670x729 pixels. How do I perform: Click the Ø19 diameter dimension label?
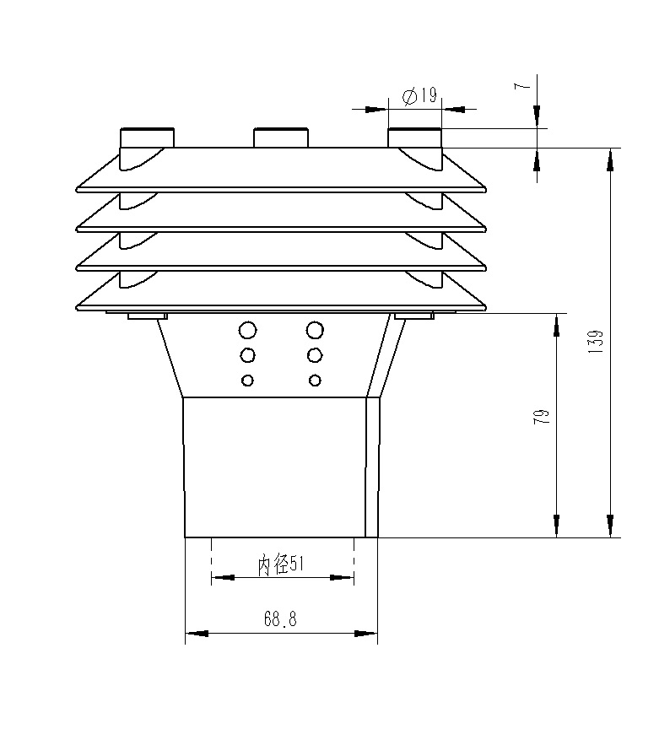[x=419, y=96]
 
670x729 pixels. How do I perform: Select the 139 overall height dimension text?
[x=595, y=342]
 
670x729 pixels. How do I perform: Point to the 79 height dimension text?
[x=542, y=416]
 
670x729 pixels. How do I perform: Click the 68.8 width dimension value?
[x=280, y=618]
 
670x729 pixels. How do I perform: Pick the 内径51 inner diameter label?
[x=280, y=564]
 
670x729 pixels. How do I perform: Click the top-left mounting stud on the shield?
[x=147, y=138]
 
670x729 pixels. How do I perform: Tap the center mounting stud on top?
[x=280, y=138]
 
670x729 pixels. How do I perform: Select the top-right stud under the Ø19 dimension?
[x=414, y=138]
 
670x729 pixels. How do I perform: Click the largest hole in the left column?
[x=247, y=330]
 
